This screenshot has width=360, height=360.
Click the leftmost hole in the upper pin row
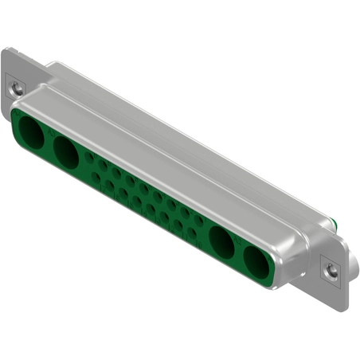(89, 158)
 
